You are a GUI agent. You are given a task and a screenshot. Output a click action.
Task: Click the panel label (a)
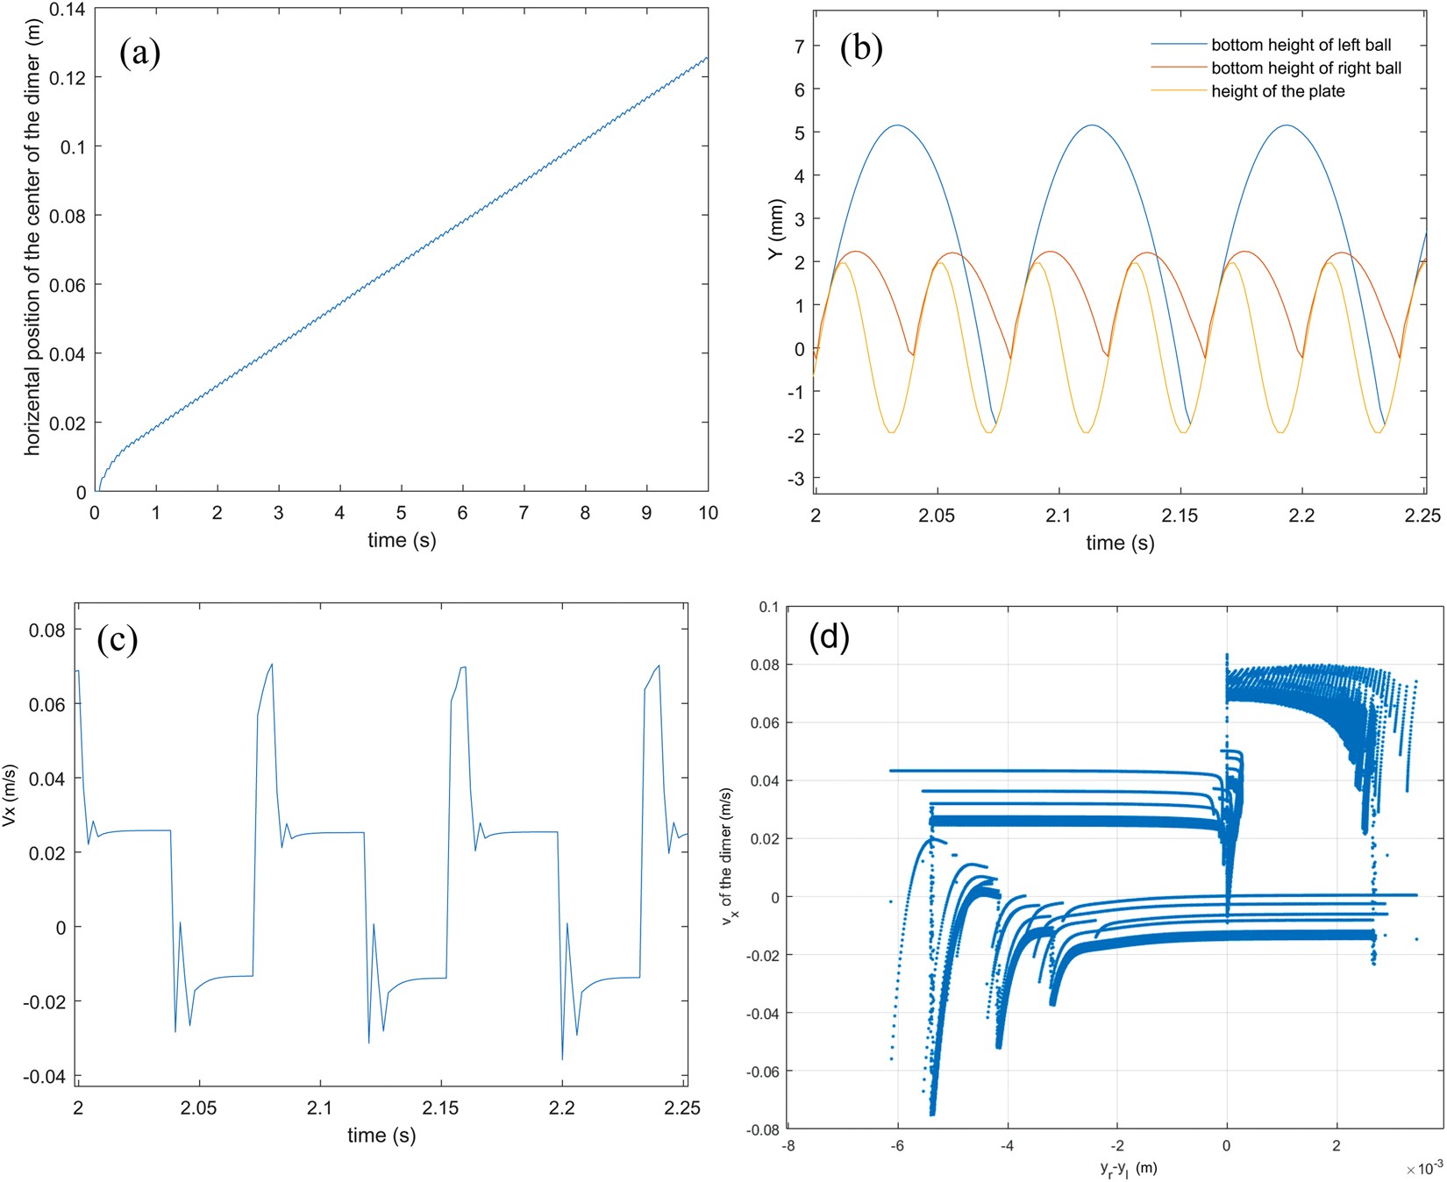click(139, 53)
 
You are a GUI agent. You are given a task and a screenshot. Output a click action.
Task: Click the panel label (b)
click(860, 48)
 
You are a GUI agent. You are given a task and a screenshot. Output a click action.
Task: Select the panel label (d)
click(829, 637)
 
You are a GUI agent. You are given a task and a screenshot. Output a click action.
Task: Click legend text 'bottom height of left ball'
click(1301, 45)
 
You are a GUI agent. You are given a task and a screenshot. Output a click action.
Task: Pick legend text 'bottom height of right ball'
click(1306, 68)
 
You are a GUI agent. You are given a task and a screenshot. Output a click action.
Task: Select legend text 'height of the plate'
click(1278, 91)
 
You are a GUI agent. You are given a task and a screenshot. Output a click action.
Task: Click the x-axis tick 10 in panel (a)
click(707, 514)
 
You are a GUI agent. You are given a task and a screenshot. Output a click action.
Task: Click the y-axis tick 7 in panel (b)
click(799, 46)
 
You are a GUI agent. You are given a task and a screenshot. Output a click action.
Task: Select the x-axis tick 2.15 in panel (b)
click(1180, 516)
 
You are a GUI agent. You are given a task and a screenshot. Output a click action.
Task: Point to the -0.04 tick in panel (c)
click(47, 1077)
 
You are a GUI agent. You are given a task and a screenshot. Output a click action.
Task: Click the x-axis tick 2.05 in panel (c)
click(198, 1108)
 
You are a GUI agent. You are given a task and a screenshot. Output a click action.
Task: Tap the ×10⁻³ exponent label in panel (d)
click(1423, 1169)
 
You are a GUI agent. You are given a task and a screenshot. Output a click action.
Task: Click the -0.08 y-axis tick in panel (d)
click(763, 1130)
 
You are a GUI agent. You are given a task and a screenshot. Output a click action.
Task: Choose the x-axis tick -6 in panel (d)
click(897, 1145)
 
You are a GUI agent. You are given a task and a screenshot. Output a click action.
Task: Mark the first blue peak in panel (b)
click(897, 125)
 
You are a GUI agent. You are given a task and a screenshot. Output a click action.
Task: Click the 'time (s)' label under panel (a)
click(401, 540)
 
